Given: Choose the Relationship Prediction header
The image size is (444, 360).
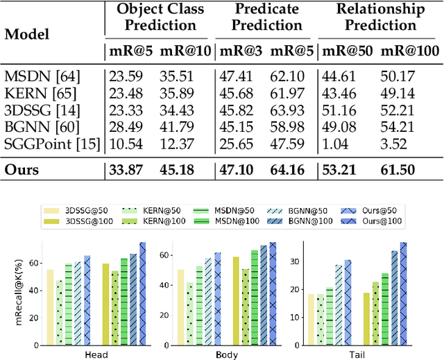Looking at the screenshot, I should pos(380,17).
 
